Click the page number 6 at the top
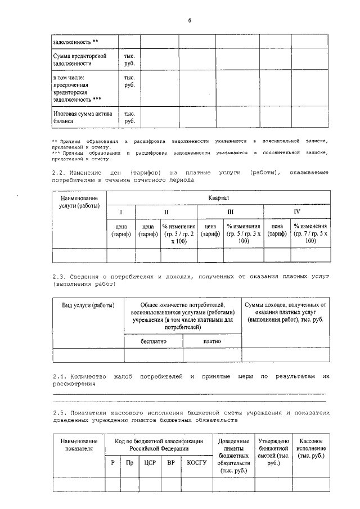pyautogui.click(x=190, y=21)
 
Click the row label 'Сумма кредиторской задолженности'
pyautogui.click(x=79, y=60)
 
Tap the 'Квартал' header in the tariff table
pyautogui.click(x=218, y=198)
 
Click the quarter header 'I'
pyautogui.click(x=120, y=211)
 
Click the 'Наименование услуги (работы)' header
pyautogui.click(x=79, y=202)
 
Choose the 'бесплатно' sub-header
pyautogui.click(x=153, y=341)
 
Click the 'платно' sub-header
pyautogui.click(x=212, y=341)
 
